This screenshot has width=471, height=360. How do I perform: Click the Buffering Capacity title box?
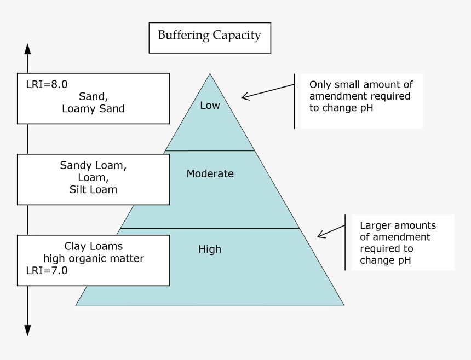point(210,37)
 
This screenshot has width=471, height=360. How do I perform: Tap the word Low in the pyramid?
point(210,106)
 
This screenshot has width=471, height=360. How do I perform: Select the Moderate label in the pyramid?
point(210,174)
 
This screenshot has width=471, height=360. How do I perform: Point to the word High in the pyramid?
point(210,249)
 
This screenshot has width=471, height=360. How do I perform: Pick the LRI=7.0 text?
point(47,270)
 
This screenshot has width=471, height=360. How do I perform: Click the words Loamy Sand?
point(93,109)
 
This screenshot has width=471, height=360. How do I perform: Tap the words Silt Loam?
point(93,190)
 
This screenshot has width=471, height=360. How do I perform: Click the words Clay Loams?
point(94,247)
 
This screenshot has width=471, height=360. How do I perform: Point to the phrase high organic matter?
point(94,258)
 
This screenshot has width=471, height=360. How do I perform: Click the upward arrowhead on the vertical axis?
point(27,49)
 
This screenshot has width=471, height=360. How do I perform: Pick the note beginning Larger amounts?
point(398,242)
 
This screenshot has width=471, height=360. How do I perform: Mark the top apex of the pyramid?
point(210,74)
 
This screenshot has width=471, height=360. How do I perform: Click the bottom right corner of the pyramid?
point(343,305)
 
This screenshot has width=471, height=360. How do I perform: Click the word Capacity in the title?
point(238,36)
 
